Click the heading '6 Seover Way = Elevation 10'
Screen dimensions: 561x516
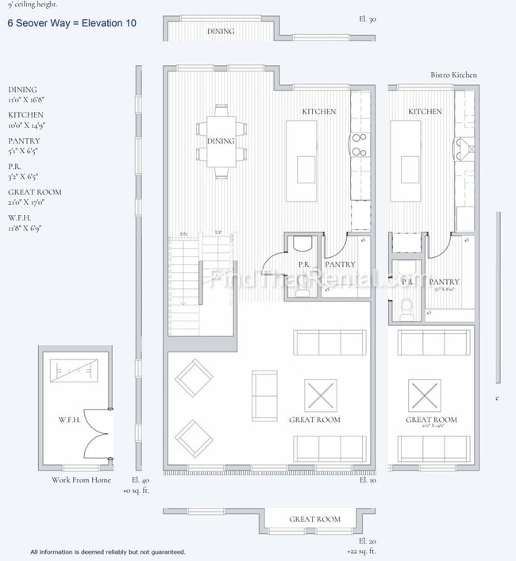coord(71,23)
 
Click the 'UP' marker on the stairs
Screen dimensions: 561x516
coord(218,232)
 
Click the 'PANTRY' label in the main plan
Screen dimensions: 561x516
coord(341,264)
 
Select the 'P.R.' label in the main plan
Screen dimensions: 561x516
coord(303,264)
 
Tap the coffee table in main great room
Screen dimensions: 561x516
coord(321,395)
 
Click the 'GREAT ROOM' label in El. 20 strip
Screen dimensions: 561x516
coord(314,520)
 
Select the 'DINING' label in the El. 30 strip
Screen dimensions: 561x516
coord(221,32)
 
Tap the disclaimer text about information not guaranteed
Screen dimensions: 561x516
coord(108,551)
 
